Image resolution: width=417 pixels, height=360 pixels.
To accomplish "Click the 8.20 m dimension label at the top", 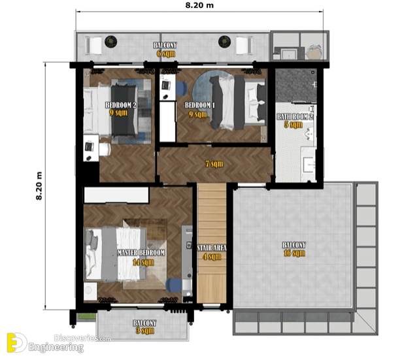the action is (199, 5).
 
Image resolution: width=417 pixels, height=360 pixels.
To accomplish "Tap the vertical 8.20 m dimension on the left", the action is (39, 186).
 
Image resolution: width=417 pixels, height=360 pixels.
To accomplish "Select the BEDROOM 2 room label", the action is (121, 105).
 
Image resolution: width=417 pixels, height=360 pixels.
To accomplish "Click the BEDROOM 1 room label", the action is (200, 105).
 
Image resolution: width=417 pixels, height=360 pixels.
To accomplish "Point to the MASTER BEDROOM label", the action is (141, 252).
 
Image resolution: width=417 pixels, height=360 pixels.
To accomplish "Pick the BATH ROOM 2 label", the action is (295, 116).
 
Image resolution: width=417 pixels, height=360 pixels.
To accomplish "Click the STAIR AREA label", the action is (212, 248).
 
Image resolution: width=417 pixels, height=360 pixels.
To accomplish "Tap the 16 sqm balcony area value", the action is (294, 253).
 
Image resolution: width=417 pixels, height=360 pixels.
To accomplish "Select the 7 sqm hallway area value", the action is (214, 164).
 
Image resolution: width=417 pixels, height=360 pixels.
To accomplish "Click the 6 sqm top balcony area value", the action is (166, 54).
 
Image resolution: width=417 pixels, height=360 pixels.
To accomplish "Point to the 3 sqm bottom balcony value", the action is (145, 331).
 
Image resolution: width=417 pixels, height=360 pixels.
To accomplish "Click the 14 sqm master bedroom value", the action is (143, 263).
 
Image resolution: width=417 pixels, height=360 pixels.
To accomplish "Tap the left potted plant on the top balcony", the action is (111, 41).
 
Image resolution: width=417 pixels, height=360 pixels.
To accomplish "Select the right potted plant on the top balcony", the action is (225, 41).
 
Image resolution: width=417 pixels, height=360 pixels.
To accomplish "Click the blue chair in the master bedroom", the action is (173, 285).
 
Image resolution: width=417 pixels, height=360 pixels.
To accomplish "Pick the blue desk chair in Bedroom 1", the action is (182, 88).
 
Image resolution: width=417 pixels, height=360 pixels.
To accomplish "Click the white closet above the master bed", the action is (116, 195).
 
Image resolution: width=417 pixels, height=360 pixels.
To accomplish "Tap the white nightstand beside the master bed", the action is (90, 291).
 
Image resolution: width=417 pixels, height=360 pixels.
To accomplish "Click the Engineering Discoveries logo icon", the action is (16, 343).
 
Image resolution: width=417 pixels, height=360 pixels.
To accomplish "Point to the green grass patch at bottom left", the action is (86, 316).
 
